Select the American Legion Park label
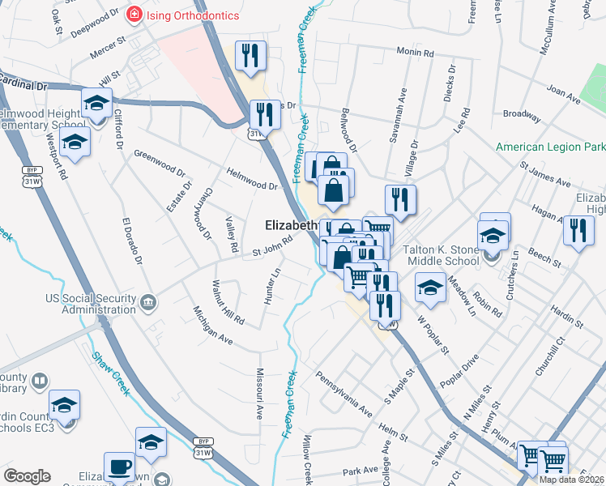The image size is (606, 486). coord(550,147)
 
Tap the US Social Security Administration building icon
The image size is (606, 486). coord(147,304)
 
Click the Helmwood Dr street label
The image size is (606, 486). coord(252,180)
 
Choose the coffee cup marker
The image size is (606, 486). coord(120,467)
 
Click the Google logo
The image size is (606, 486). coord(27,476)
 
